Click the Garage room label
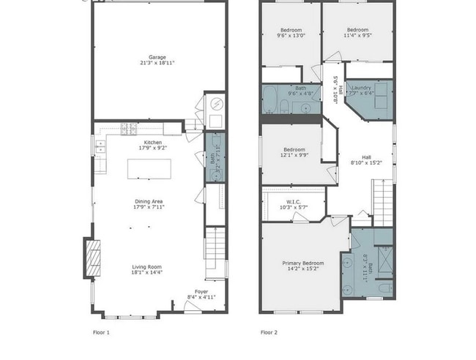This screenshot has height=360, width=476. (x=157, y=60)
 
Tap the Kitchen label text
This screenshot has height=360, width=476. (x=152, y=145)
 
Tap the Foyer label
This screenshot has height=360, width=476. (x=200, y=294)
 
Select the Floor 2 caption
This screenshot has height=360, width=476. (x=268, y=331)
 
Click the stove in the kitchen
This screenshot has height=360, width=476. (x=128, y=128)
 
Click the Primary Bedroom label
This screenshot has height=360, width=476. (x=302, y=266)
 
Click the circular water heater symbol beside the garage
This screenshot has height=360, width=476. (x=216, y=105)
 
